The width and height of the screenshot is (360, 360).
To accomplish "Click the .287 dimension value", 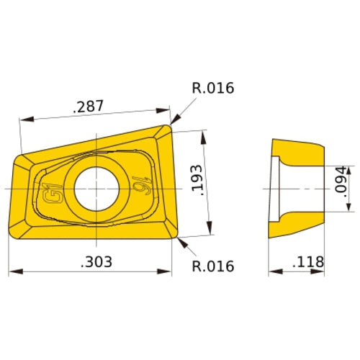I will click(89, 107).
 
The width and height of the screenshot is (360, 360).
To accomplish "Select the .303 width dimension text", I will click(97, 262).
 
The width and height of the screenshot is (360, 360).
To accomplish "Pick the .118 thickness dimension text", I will click(308, 261).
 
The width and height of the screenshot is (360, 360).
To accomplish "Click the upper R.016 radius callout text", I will click(213, 89).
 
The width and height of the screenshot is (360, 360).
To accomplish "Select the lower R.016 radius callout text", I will click(213, 266).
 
